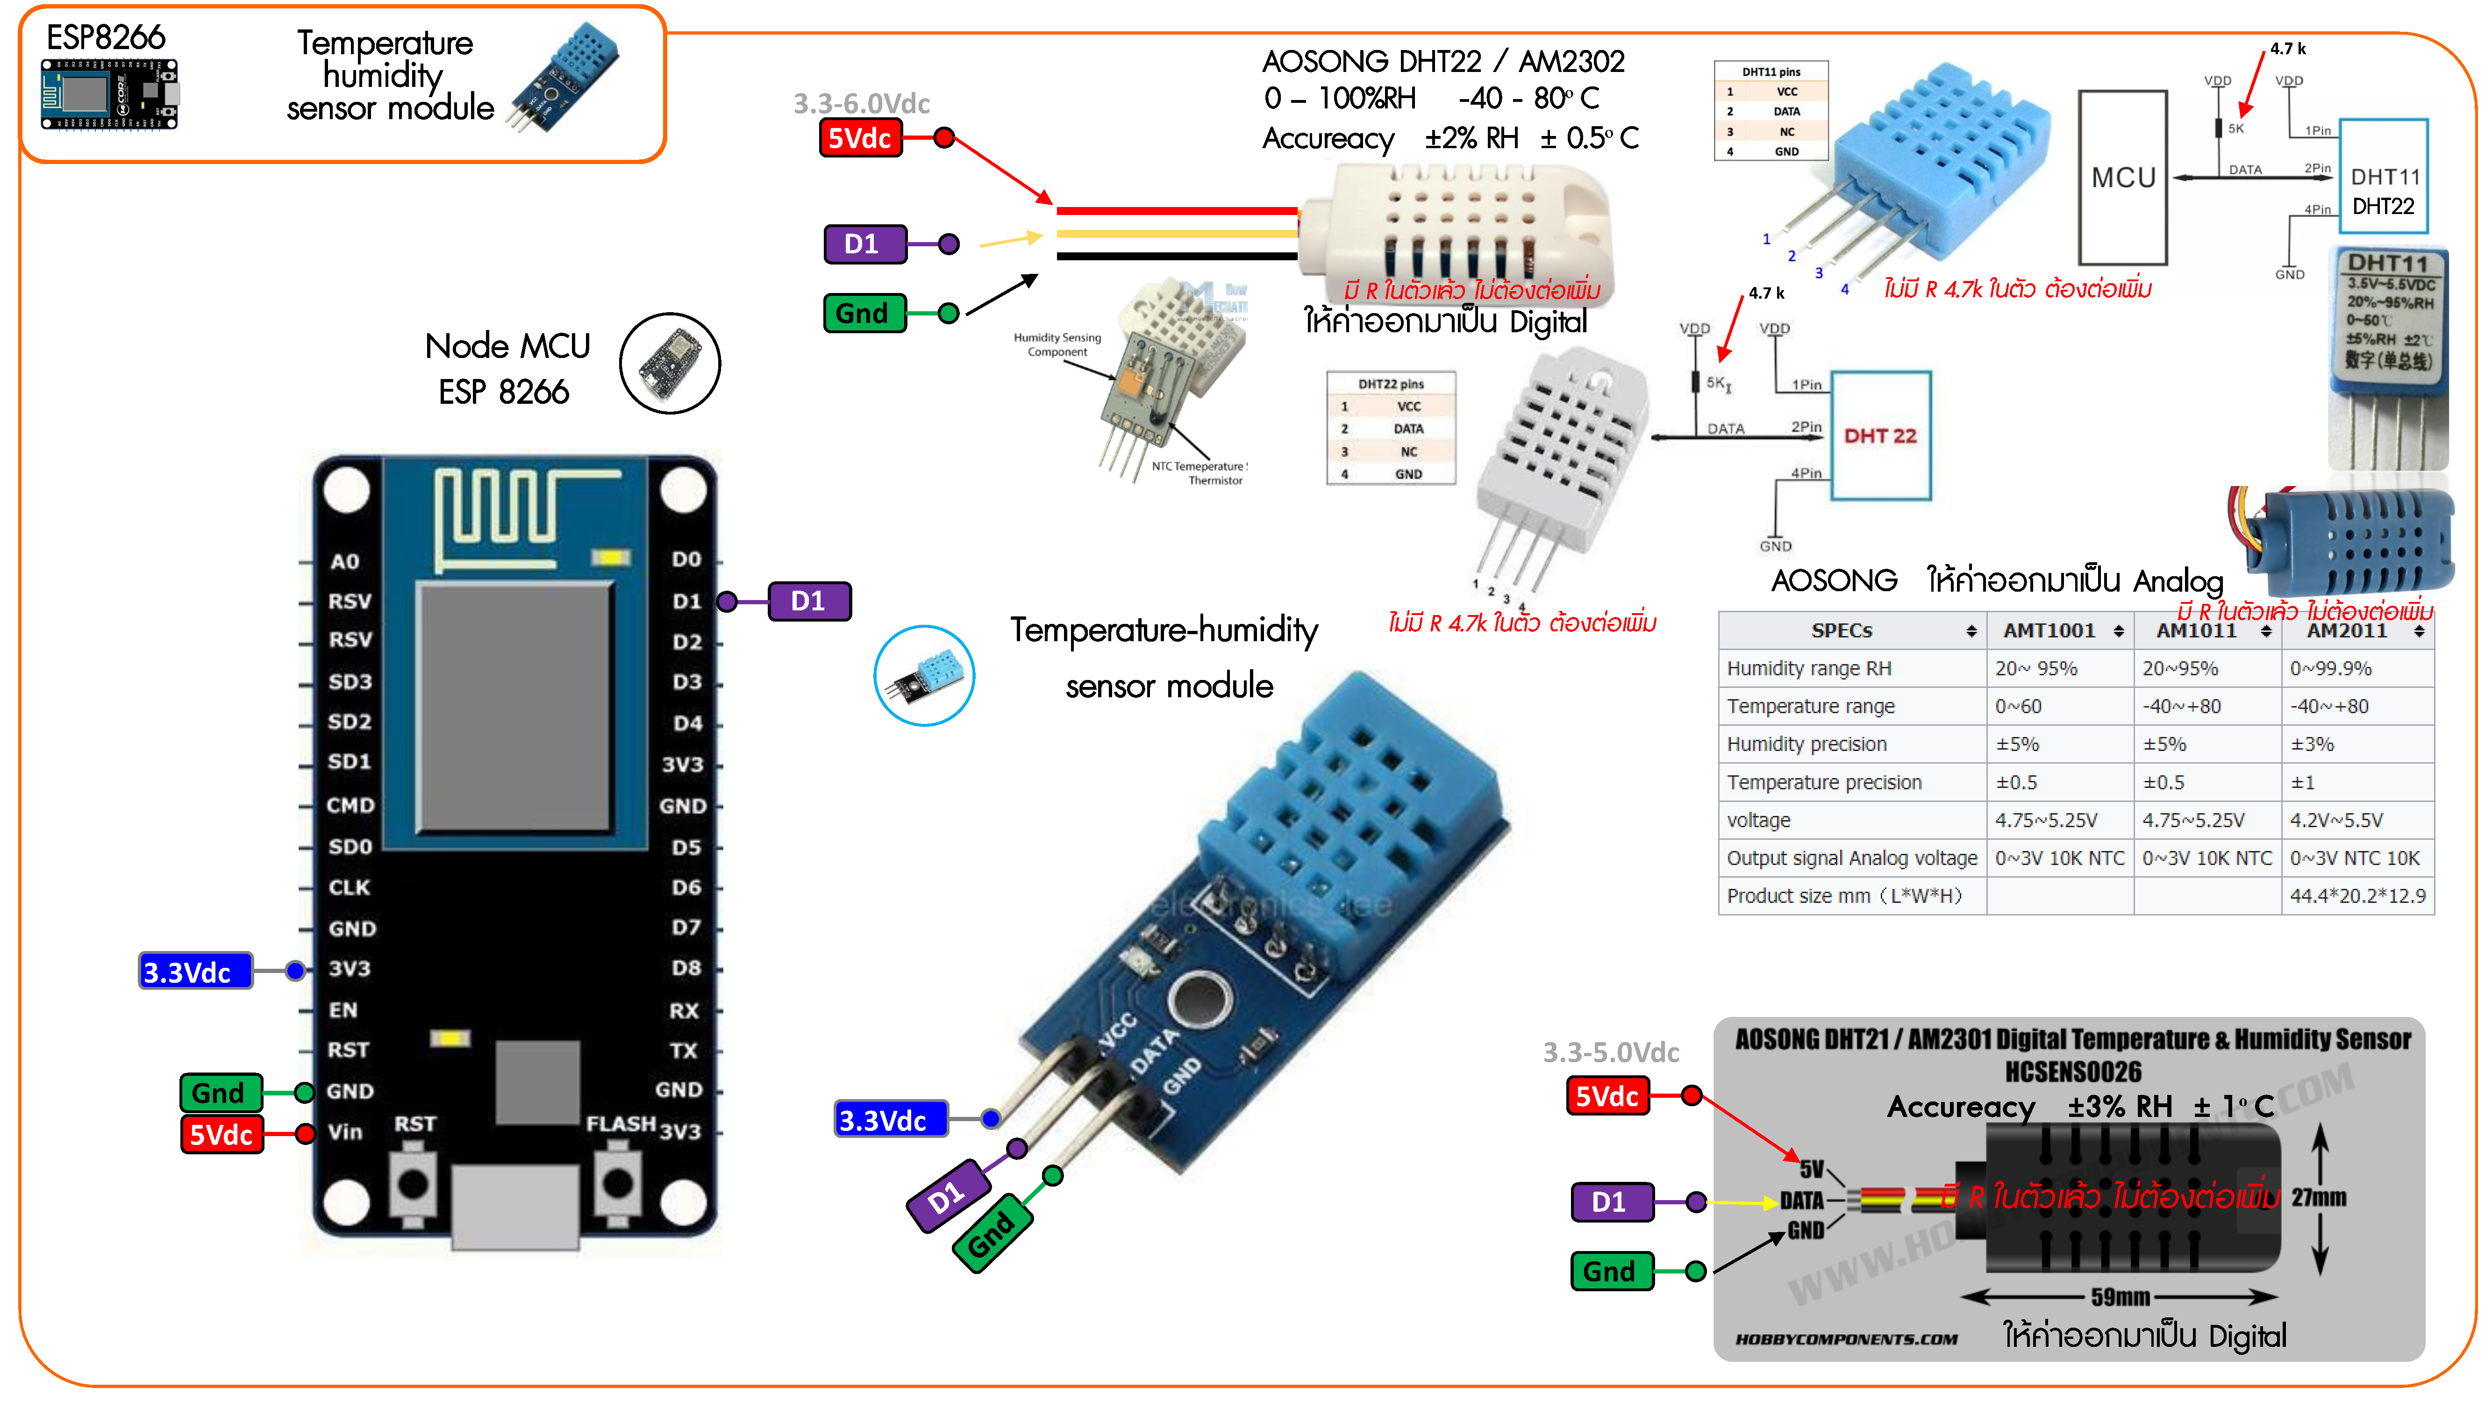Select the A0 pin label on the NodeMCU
(344, 561)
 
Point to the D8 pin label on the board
(686, 967)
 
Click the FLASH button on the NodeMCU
(617, 1182)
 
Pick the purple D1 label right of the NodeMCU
(809, 601)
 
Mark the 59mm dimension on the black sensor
(2120, 1296)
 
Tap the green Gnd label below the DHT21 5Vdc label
(1610, 1270)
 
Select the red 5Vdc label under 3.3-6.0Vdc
(859, 137)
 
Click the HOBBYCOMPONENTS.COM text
(1846, 1339)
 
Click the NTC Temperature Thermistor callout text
(1200, 473)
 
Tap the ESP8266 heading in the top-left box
(107, 38)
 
